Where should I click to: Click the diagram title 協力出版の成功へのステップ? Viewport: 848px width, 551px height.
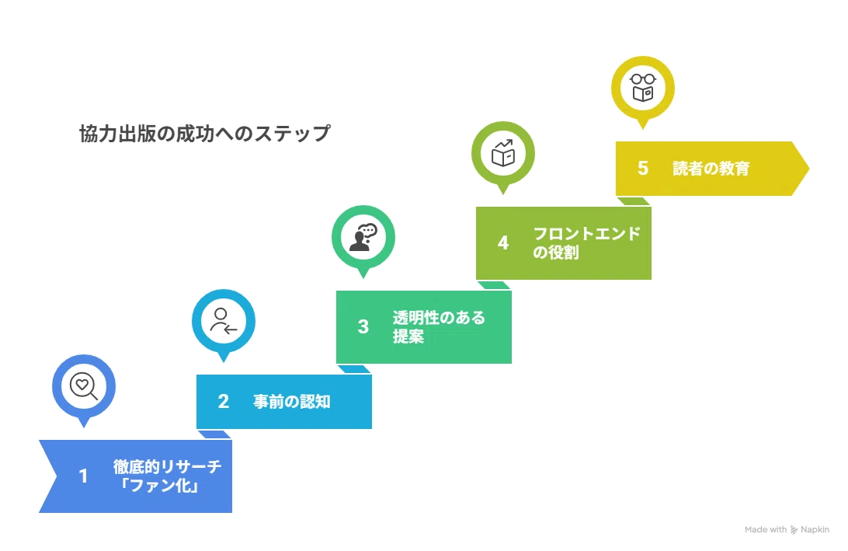point(204,133)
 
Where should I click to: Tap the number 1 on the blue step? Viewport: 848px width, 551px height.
point(83,476)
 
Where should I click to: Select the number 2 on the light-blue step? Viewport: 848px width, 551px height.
point(224,401)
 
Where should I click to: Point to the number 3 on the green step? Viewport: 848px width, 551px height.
point(363,326)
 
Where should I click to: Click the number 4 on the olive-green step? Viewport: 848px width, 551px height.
point(503,242)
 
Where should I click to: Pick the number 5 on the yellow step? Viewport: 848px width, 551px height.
point(642,168)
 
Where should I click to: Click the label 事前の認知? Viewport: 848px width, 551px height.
point(291,402)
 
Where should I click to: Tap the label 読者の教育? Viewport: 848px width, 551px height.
point(711,169)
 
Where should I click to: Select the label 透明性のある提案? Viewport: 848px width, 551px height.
point(439,327)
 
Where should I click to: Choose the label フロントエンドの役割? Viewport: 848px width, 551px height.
point(586,243)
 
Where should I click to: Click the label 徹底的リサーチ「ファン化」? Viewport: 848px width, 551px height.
point(167,476)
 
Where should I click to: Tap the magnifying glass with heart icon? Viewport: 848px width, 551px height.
point(84,386)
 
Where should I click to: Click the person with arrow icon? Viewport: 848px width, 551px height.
point(224,321)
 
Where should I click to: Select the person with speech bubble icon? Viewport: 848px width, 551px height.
point(363,237)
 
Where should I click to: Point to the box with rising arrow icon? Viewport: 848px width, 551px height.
point(503,153)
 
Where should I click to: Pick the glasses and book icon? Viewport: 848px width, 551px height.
point(642,88)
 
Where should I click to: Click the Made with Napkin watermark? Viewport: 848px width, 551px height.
point(787,529)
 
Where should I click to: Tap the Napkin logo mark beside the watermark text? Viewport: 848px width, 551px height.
point(794,530)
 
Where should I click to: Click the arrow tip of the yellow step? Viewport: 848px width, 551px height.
point(808,169)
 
